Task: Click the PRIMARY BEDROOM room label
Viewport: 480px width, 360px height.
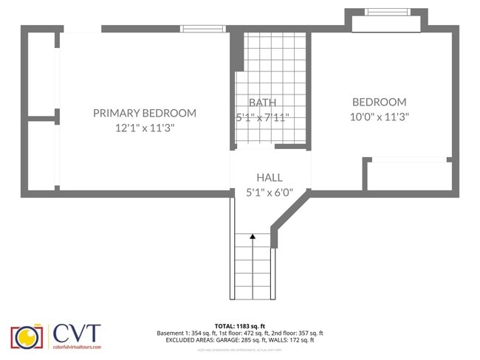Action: (x=145, y=113)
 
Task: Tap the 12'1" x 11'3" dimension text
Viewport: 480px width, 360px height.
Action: (x=145, y=128)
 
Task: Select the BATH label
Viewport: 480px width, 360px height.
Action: (x=262, y=103)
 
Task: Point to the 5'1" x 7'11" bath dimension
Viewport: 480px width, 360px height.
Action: (x=262, y=117)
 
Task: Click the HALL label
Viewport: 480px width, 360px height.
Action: (x=269, y=177)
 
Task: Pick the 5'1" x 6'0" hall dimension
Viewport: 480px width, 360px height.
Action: (x=269, y=193)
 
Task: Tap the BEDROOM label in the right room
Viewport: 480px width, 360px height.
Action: (x=379, y=102)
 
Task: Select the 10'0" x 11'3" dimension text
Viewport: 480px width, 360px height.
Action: (x=379, y=117)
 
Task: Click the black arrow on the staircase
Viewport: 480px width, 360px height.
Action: (x=253, y=237)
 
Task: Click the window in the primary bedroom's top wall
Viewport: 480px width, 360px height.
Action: (x=203, y=29)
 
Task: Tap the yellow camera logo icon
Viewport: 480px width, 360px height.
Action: (x=27, y=336)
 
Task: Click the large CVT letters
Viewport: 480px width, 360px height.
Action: (x=76, y=333)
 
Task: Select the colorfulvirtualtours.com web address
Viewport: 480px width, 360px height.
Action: (x=76, y=346)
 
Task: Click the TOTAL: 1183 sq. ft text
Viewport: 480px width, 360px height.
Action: (x=239, y=325)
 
